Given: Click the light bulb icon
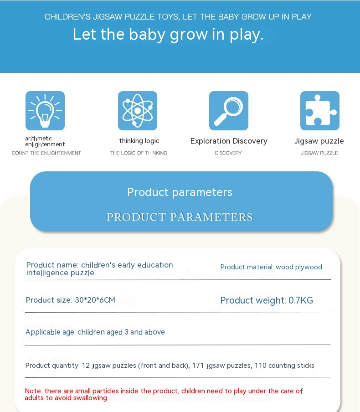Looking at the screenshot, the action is (45, 111).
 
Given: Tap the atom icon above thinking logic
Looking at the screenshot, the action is (138, 111).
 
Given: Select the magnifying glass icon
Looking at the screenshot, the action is (229, 111).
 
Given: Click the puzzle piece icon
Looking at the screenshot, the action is (320, 111).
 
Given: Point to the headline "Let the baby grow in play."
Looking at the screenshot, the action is (168, 35).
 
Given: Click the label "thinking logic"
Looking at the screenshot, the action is (139, 141).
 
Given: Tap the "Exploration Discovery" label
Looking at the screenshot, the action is (229, 141).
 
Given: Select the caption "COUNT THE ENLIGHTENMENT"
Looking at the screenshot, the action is (46, 153).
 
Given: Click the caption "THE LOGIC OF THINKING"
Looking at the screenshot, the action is (139, 153).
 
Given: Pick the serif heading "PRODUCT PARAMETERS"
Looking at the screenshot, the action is (180, 217).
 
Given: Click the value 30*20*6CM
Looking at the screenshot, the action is (95, 300).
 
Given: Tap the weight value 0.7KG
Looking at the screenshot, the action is (301, 300).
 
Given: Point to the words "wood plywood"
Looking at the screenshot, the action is (299, 267).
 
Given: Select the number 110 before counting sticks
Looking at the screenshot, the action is (260, 366).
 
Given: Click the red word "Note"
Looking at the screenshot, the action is (33, 391).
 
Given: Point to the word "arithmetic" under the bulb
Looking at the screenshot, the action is (38, 139).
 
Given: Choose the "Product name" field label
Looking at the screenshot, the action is (52, 265).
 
